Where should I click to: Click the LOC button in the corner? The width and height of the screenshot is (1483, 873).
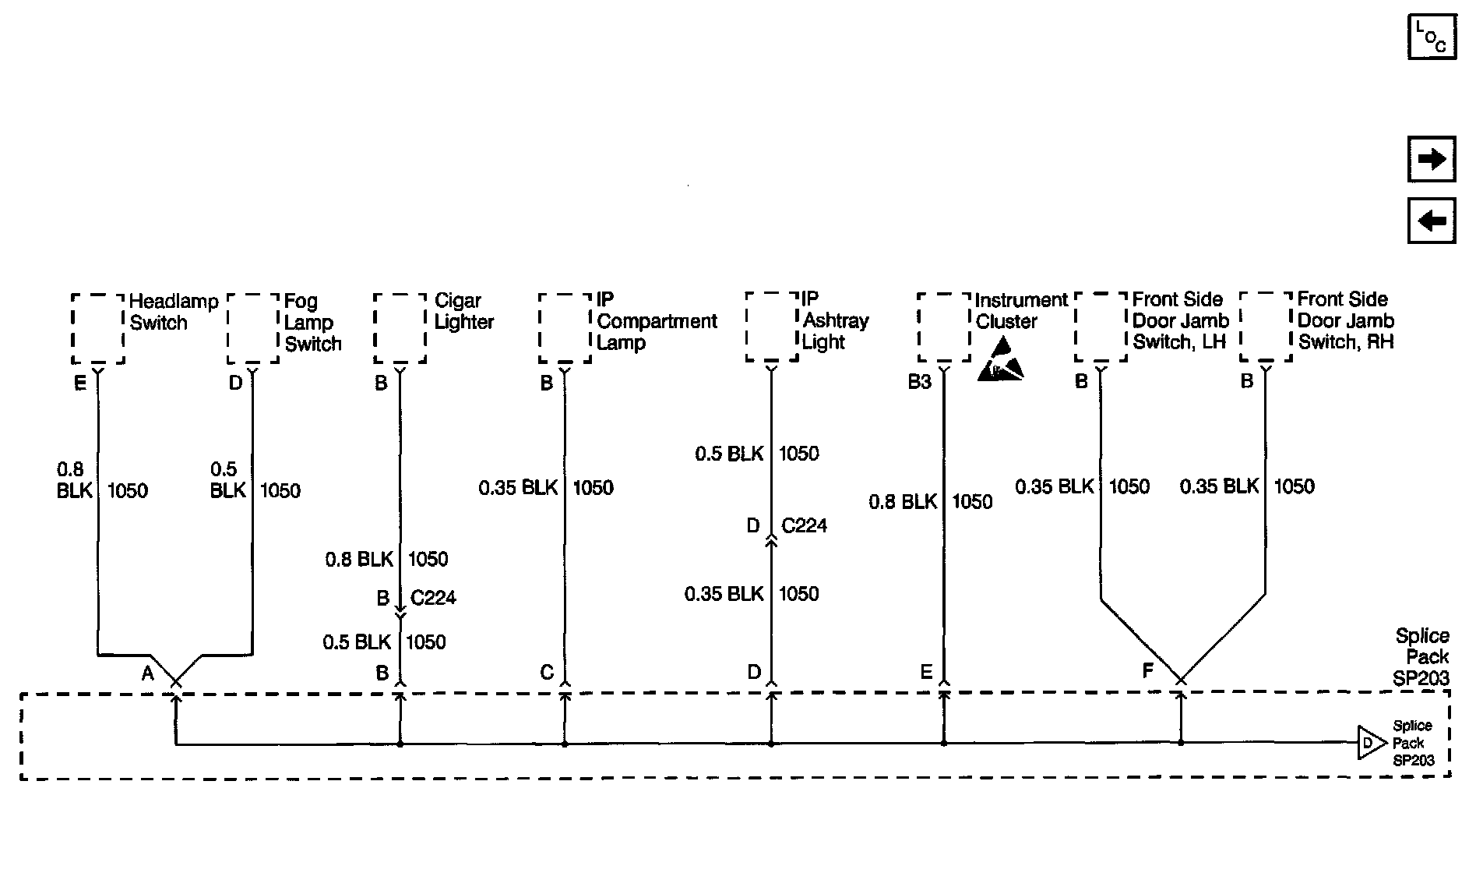coord(1432,37)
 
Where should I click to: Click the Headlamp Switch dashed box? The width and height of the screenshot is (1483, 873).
coord(98,328)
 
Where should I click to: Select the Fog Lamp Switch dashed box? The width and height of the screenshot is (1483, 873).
coord(253,328)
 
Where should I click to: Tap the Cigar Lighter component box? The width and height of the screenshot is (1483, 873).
coord(400,328)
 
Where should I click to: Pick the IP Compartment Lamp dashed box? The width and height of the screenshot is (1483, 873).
coord(565,328)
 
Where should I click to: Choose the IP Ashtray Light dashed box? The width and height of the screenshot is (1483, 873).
coord(772,327)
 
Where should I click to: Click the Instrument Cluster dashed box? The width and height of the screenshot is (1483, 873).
coord(944,327)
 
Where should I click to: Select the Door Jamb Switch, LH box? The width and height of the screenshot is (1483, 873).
coord(1101,327)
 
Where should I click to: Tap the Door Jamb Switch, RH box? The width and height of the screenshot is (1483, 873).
coord(1266,327)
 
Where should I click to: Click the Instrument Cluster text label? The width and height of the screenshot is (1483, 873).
coord(1021,310)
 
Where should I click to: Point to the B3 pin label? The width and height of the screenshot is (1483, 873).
coord(919,383)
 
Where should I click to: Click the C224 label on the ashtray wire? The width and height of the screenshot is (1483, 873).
coord(804,525)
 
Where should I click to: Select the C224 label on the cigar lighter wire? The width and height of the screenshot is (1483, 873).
coord(433,598)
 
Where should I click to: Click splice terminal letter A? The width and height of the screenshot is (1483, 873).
coord(147,673)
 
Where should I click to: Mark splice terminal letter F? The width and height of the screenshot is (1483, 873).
coord(1147,670)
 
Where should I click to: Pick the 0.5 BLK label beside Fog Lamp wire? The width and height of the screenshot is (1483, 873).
coord(228,479)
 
